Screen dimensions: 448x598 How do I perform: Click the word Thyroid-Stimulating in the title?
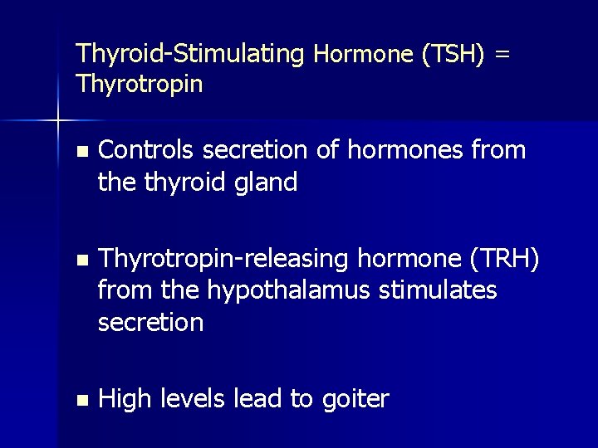(x=189, y=55)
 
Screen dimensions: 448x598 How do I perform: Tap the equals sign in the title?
(x=502, y=55)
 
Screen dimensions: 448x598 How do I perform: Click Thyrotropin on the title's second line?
(x=139, y=84)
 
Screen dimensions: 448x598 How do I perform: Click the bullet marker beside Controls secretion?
(x=80, y=152)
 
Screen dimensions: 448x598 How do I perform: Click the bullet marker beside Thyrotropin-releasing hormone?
(x=80, y=261)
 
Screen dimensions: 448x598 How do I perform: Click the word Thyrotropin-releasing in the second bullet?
(x=223, y=259)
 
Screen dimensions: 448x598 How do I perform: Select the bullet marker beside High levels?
(x=80, y=401)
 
